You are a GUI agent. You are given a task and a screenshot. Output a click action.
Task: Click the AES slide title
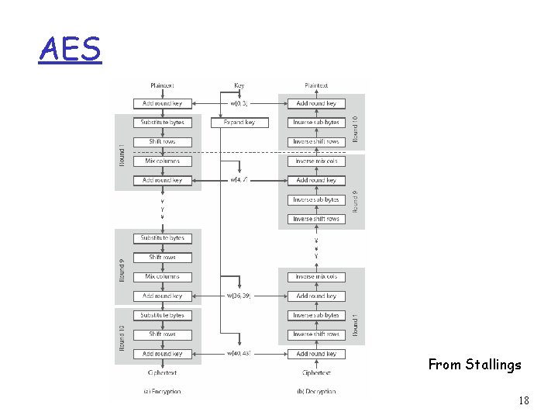[70, 49]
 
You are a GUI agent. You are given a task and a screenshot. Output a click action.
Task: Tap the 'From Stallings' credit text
[474, 364]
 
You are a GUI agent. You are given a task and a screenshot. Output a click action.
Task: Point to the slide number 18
[523, 401]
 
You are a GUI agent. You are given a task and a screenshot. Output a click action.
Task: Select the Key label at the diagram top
[239, 85]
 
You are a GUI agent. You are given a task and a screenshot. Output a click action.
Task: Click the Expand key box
[239, 123]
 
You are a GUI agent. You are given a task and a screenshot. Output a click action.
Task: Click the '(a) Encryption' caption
[162, 391]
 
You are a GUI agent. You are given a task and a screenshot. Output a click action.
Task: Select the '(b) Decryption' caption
[316, 391]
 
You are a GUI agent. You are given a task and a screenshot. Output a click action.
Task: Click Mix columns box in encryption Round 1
[162, 161]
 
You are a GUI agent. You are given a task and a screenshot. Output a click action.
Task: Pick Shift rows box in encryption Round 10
[162, 334]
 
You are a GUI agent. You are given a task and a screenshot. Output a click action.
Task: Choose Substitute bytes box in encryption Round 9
[162, 238]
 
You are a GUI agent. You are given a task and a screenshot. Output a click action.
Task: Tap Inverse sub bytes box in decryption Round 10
[316, 123]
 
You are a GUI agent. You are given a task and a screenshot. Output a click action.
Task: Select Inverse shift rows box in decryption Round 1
[316, 334]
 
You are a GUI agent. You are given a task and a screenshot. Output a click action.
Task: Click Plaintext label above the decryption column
[316, 85]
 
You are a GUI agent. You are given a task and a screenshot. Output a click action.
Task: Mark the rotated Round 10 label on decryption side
[356, 128]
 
